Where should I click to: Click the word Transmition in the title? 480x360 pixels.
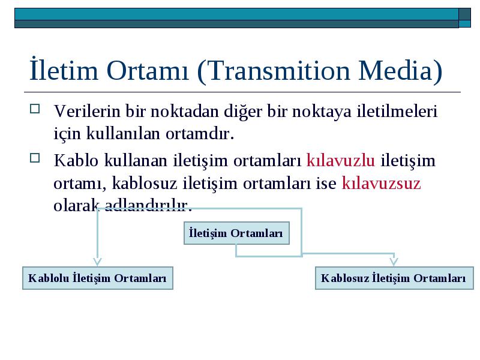[280, 71]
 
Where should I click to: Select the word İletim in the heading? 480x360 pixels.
[64, 69]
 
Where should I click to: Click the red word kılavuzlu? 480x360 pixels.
[340, 160]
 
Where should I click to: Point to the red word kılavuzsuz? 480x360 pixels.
[381, 183]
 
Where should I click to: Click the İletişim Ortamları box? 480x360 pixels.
[236, 233]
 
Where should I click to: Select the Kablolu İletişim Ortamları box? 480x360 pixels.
[98, 278]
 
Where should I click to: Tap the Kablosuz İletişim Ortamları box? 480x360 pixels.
[394, 278]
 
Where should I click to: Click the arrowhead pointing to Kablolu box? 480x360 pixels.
[97, 262]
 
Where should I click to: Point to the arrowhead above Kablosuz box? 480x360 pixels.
[394, 262]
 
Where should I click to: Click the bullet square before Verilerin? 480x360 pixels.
[35, 109]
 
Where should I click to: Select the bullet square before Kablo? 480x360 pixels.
[35, 158]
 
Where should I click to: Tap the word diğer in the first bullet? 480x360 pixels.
[243, 112]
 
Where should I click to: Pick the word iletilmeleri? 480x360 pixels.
[397, 111]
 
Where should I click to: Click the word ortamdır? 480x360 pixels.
[200, 134]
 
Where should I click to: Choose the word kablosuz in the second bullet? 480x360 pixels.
[145, 183]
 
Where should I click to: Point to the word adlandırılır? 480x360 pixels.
[148, 205]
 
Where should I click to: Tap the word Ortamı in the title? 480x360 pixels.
[148, 71]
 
